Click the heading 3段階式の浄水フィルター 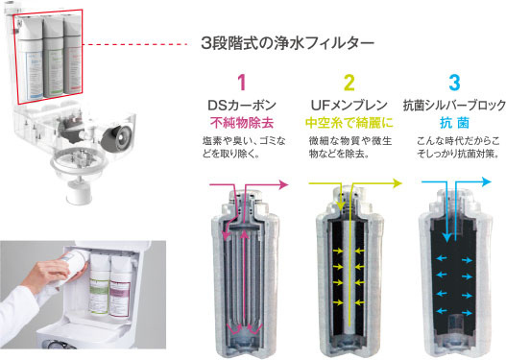(287, 43)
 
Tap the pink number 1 (242, 83)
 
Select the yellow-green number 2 (349, 83)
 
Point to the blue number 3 (454, 83)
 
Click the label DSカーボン (242, 106)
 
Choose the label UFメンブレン (349, 106)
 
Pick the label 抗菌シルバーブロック (454, 106)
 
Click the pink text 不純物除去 (242, 123)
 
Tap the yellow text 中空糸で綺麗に (349, 123)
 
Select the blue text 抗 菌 (454, 123)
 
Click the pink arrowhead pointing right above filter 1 (283, 184)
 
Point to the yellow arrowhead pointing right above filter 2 (398, 183)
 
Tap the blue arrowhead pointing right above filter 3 (486, 182)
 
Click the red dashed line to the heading (135, 44)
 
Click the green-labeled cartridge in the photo (99, 284)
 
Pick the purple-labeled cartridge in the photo (120, 286)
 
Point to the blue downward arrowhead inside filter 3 (446, 237)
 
